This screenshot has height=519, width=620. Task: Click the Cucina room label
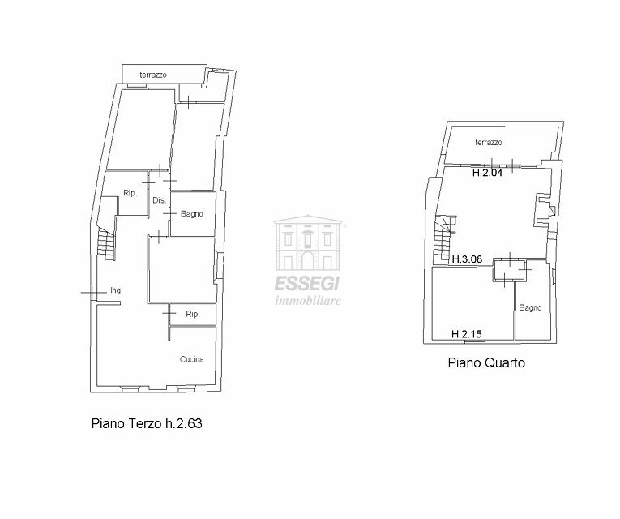tap(192, 359)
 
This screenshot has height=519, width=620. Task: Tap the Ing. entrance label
tap(116, 290)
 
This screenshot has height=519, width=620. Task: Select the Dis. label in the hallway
tap(159, 200)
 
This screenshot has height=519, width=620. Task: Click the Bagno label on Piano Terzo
tap(192, 214)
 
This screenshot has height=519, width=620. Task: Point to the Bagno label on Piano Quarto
tap(530, 308)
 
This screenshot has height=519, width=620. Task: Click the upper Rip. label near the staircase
tap(130, 193)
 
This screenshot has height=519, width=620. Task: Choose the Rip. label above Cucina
tap(193, 314)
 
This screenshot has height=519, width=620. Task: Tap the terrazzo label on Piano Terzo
tap(153, 75)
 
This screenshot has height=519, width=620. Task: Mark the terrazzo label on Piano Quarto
tap(489, 143)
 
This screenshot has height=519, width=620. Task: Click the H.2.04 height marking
tap(488, 173)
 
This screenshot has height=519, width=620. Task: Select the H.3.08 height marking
tap(467, 259)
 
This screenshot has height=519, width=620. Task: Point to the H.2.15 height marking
tap(467, 334)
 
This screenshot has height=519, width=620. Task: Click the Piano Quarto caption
tap(486, 362)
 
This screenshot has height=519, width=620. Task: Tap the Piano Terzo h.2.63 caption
tap(147, 423)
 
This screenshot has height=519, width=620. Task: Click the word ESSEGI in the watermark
tap(307, 283)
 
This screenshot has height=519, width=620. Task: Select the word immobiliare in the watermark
tap(308, 301)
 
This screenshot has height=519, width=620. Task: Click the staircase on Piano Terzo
tap(106, 243)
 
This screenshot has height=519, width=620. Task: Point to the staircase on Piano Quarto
tap(444, 239)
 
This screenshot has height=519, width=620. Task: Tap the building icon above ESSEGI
tap(308, 242)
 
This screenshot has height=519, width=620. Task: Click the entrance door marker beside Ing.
tap(93, 293)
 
